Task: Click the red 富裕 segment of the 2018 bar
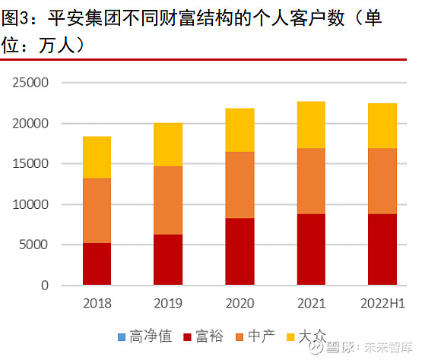coord(97,264)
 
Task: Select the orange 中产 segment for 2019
coord(168,201)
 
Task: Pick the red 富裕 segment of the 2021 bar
coord(311,249)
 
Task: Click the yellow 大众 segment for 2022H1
coord(382,126)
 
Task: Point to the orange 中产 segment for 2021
coord(311,181)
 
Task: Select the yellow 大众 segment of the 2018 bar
coord(97,157)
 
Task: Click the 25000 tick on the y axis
coord(31,83)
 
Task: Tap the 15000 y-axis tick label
coord(31,164)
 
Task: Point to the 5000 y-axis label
coord(34,245)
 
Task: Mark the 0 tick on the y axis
coord(45,286)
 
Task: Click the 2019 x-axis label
coord(168,302)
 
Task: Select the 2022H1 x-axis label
coord(382,302)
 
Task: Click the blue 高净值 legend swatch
coord(122,335)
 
